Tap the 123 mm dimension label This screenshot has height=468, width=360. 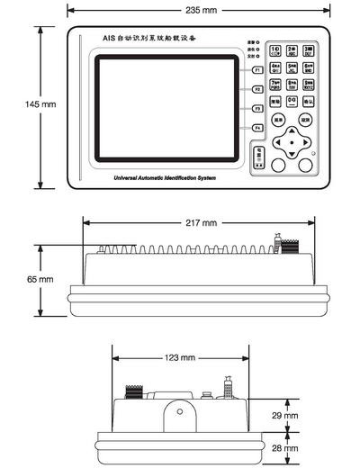(x=179, y=357)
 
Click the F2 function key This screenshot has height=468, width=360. (x=256, y=89)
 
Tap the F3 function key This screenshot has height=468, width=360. (x=256, y=109)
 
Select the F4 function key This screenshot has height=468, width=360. (x=256, y=129)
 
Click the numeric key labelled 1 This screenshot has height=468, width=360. (x=275, y=49)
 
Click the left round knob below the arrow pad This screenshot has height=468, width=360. (x=278, y=165)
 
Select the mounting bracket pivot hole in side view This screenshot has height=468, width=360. (x=179, y=413)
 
